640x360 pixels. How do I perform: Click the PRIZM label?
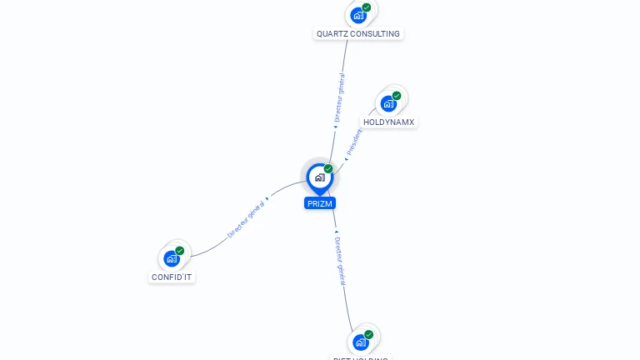coord(320,203)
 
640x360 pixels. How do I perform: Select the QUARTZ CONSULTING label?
coord(358,34)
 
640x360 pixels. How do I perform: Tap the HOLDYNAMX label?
coord(388,122)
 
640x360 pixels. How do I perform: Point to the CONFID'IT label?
coord(172,277)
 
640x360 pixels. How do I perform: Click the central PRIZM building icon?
coord(319,177)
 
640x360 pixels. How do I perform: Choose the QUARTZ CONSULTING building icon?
coord(357,15)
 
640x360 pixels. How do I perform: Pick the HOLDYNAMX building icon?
coord(387,103)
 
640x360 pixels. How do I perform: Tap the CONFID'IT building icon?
coord(172,258)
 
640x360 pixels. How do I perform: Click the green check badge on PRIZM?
coord(328,169)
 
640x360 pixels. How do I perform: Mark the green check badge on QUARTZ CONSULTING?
coord(367,7)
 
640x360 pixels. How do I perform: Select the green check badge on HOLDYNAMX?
coord(397,96)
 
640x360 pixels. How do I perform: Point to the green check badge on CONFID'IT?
coord(180,251)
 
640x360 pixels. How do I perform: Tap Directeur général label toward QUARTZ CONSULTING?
coord(339,97)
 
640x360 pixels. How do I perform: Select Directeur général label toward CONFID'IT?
coord(246,218)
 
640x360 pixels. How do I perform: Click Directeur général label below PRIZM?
coord(339,261)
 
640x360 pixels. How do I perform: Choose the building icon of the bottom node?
coord(360,342)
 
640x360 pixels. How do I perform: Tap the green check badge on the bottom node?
coord(369,335)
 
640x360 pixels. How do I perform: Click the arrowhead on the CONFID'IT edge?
coord(267,200)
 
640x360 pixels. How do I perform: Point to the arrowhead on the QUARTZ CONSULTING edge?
coord(336,127)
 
